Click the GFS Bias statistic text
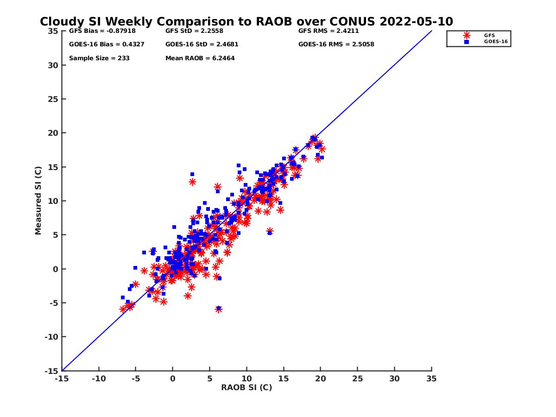click(97, 32)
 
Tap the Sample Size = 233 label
click(99, 58)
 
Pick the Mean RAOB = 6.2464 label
click(200, 58)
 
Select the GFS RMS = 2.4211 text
click(329, 32)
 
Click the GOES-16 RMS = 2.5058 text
click(336, 44)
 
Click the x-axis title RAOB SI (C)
click(246, 387)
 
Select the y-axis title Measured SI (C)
click(38, 201)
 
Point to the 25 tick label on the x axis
click(357, 379)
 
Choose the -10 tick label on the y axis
click(51, 337)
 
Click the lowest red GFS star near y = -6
click(218, 309)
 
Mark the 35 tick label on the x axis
click(431, 379)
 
